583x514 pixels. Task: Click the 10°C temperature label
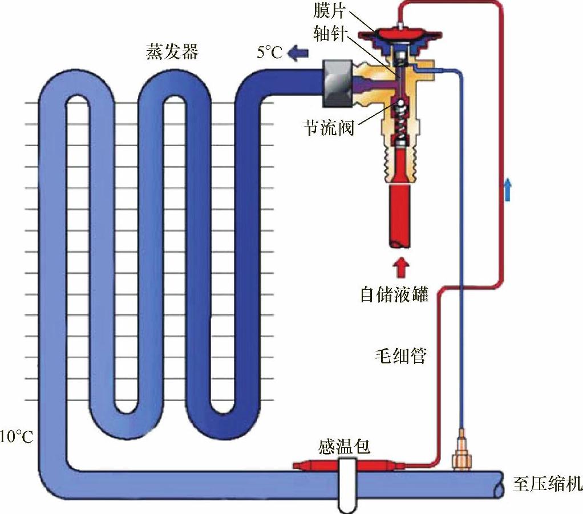click(17, 438)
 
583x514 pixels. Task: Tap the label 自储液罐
click(394, 295)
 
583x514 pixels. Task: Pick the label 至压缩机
click(547, 484)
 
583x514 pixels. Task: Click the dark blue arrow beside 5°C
click(297, 53)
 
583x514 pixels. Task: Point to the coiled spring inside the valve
click(403, 128)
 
